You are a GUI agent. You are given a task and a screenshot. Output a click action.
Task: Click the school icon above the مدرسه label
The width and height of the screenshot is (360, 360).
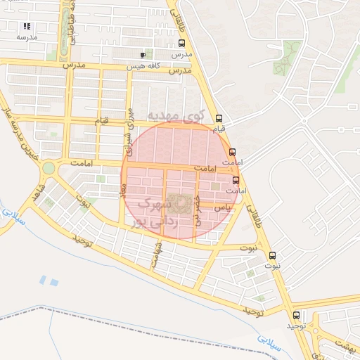point(27,26)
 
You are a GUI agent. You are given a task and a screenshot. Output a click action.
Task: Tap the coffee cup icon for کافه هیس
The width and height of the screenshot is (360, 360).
point(143,55)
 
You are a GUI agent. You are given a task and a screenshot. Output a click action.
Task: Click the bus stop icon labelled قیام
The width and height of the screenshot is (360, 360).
point(219,118)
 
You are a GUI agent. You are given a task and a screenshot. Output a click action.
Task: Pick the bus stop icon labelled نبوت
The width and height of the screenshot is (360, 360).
point(273,255)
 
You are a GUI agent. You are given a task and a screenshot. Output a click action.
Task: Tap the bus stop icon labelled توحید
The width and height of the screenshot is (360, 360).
point(296,315)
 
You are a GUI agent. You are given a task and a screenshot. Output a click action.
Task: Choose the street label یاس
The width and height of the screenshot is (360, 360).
point(221,208)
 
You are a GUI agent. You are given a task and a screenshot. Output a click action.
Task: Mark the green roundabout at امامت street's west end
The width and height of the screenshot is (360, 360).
point(49,168)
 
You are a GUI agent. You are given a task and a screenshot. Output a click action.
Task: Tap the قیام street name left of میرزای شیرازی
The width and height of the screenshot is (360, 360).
point(103,122)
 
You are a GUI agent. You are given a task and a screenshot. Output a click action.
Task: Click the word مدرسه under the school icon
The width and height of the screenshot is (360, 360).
point(27,37)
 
